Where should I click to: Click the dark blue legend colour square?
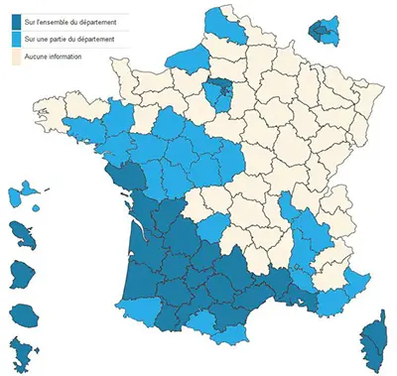coord(13,19)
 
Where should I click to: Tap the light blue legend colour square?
coord(13,39)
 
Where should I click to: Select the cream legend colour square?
coord(13,58)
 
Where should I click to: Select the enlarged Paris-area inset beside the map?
coord(323,30)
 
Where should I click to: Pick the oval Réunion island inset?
coord(23,315)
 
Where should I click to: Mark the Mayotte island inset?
coord(21,352)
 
